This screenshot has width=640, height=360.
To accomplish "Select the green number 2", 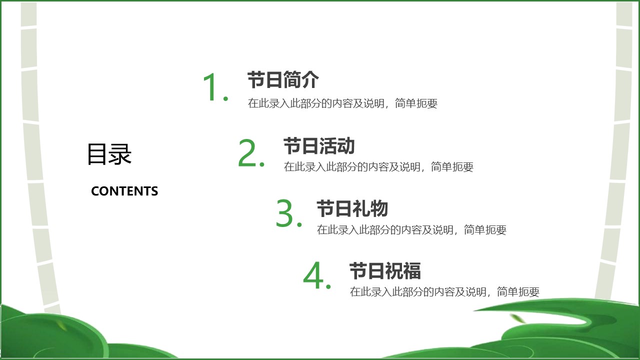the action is pyautogui.click(x=247, y=152).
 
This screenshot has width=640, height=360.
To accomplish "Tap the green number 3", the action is pyautogui.click(x=284, y=213).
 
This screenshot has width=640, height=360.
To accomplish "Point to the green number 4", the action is pyautogui.click(x=313, y=275).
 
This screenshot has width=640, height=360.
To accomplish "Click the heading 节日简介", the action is pyautogui.click(x=283, y=79).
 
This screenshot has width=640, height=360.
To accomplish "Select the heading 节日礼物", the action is pyautogui.click(x=352, y=208).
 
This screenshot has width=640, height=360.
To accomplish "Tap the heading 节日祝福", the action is pyautogui.click(x=385, y=270).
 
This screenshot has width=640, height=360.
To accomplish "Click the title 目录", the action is pyautogui.click(x=109, y=154).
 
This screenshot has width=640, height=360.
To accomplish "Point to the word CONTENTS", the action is pyautogui.click(x=124, y=191).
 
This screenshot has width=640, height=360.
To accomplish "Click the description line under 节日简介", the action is pyautogui.click(x=342, y=103).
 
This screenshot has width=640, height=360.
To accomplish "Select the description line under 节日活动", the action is pyautogui.click(x=378, y=167).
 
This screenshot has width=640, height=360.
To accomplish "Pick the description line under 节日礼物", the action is pyautogui.click(x=411, y=229).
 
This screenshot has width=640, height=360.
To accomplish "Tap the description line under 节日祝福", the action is pyautogui.click(x=444, y=291).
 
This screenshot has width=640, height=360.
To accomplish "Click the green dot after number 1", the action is pyautogui.click(x=225, y=98).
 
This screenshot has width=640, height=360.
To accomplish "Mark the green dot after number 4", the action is pyautogui.click(x=328, y=286).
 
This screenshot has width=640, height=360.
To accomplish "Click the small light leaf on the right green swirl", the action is pyautogui.click(x=517, y=318).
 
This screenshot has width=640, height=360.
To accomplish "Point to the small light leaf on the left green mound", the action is pyautogui.click(x=61, y=325).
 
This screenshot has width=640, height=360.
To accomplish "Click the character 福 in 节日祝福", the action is pyautogui.click(x=411, y=270).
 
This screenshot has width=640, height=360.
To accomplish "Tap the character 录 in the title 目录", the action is pyautogui.click(x=120, y=154).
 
